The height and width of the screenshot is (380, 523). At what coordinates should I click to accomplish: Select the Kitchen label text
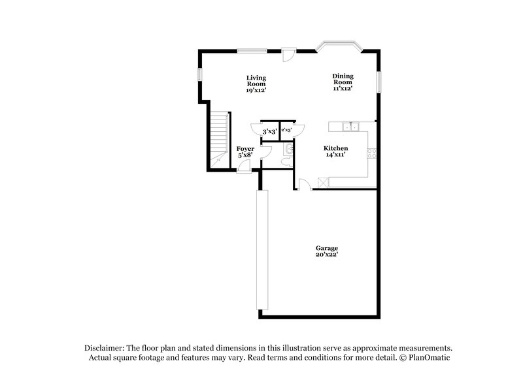[336, 149]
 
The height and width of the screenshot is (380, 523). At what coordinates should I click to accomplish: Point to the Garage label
[327, 248]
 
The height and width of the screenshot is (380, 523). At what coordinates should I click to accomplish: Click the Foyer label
[245, 150]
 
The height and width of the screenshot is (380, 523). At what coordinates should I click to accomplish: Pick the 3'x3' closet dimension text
[269, 131]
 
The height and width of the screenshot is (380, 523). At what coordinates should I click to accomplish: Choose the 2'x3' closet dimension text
[286, 131]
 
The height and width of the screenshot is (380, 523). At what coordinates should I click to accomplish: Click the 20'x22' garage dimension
[327, 255]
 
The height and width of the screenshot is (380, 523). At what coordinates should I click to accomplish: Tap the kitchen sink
[352, 126]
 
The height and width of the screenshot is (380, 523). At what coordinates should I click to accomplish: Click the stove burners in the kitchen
[373, 154]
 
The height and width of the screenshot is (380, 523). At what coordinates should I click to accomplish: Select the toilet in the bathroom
[288, 163]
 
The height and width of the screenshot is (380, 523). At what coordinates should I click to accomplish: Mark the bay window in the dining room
[337, 46]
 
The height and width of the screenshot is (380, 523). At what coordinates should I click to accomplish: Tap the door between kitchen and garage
[303, 184]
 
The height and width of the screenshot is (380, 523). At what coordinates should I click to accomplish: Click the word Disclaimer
[106, 348]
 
